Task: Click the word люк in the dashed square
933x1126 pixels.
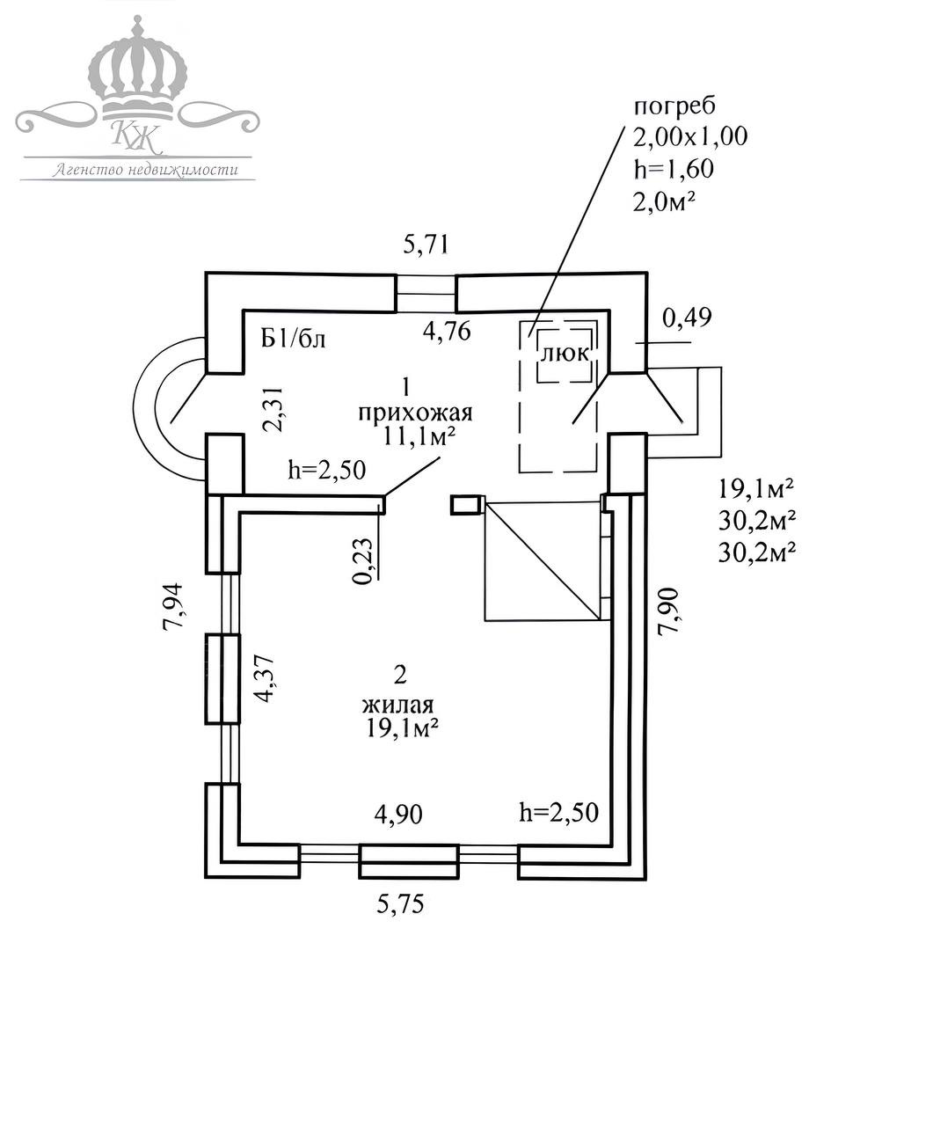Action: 565,355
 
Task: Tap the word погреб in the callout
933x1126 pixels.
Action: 674,106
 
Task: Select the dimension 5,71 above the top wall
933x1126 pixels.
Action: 426,245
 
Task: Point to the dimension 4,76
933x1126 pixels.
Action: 447,331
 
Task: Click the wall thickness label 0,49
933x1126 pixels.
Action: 687,318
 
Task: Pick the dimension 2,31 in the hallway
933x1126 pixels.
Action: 273,409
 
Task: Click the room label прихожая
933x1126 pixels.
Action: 415,413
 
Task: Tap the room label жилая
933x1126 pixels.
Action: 398,705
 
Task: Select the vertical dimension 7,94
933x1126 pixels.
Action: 173,605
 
